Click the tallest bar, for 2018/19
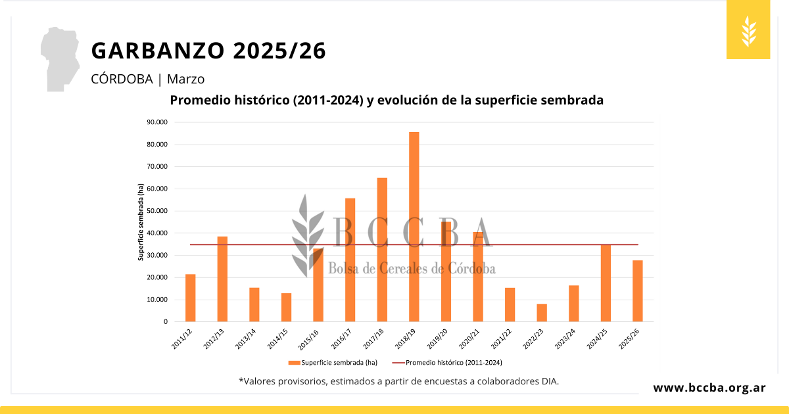click(414, 227)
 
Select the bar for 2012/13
click(222, 279)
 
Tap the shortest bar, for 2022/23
click(542, 313)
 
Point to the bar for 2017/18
click(382, 250)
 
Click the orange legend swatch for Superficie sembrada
click(293, 362)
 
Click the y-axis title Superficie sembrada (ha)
click(141, 222)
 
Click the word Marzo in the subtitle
click(186, 80)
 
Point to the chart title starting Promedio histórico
click(387, 101)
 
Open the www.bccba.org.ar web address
click(709, 388)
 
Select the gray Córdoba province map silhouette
click(61, 59)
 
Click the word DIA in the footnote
click(548, 381)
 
